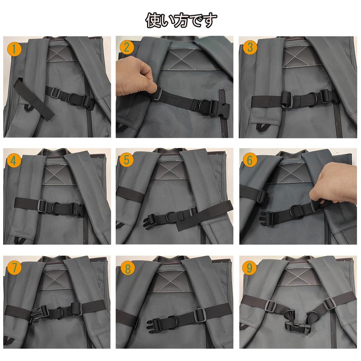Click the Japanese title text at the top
(181, 19)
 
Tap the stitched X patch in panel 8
(171, 282)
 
